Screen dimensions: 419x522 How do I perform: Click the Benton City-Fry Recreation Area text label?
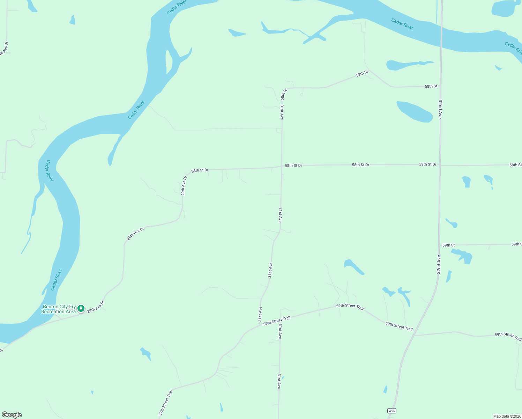59,309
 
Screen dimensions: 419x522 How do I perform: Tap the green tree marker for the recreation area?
81,308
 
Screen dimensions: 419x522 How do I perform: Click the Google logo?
12,415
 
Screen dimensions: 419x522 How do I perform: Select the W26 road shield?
391,411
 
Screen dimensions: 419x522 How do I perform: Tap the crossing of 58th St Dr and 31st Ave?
282,166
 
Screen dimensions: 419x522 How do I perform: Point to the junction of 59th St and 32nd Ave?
439,245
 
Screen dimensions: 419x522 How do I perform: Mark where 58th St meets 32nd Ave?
441,86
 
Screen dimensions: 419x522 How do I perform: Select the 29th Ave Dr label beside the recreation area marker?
96,306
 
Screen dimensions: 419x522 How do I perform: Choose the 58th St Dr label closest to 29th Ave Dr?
200,170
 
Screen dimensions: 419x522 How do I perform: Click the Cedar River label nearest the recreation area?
56,279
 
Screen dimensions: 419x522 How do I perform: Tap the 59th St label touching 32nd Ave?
448,245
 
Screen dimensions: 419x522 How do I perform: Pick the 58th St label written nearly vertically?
284,94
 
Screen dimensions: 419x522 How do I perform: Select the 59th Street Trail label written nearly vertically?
166,403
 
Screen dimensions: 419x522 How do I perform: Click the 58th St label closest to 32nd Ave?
431,86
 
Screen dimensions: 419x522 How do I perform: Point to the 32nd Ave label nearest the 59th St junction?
439,264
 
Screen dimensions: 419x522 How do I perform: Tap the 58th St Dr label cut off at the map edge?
515,165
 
